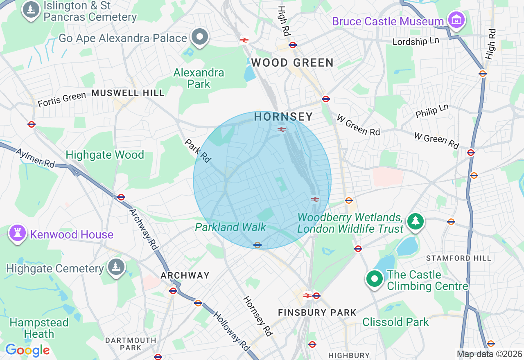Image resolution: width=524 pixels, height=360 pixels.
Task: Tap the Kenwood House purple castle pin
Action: click(17, 233)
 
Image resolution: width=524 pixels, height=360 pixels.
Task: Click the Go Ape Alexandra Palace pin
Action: click(200, 37)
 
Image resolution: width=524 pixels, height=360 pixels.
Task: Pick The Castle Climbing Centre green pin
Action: click(374, 279)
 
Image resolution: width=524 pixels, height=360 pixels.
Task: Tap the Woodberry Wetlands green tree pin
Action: click(416, 221)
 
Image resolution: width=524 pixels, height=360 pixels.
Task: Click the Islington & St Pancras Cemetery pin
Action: click(31, 10)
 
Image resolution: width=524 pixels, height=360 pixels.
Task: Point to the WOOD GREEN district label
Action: click(292, 63)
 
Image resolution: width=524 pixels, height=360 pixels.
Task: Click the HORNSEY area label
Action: click(283, 117)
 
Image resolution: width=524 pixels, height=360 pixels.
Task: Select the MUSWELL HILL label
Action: click(128, 93)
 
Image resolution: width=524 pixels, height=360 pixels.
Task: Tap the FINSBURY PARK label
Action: click(317, 313)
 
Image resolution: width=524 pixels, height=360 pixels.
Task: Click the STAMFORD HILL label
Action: click(458, 258)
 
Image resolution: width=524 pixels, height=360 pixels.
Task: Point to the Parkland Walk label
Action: click(230, 227)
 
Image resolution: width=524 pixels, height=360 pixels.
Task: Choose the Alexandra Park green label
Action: click(199, 78)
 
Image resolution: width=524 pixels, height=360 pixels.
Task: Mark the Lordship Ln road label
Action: click(416, 42)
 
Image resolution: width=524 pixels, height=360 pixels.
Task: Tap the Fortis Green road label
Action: click(62, 99)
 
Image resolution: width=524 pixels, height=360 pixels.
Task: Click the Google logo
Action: click(27, 350)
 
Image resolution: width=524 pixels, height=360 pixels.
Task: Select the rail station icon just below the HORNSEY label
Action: click(281, 129)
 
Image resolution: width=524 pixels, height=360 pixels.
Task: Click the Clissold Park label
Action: click(395, 322)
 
